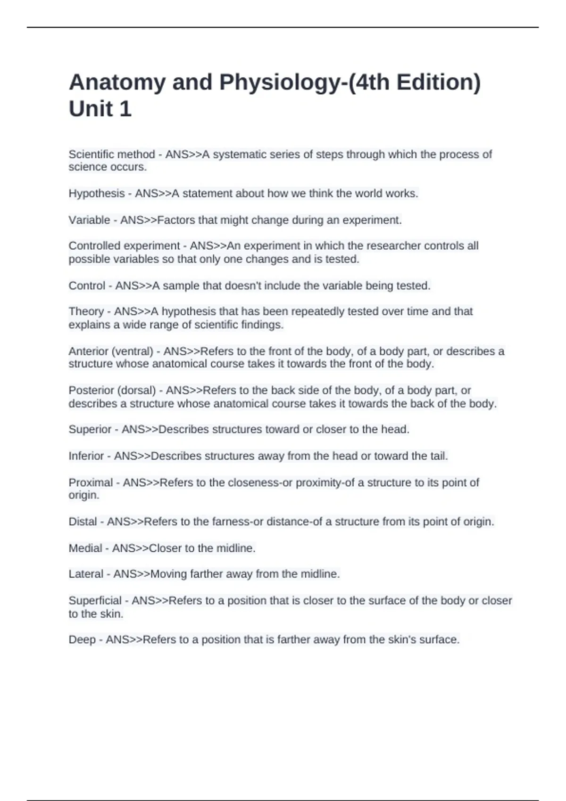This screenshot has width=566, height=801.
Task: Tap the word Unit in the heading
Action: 90,109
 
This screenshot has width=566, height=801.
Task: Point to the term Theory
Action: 86,311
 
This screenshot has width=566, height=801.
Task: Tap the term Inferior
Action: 86,456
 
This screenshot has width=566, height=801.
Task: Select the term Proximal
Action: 91,482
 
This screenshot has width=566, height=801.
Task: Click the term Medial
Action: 85,548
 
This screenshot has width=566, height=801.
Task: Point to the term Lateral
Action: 86,574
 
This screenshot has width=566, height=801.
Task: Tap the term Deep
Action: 82,640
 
